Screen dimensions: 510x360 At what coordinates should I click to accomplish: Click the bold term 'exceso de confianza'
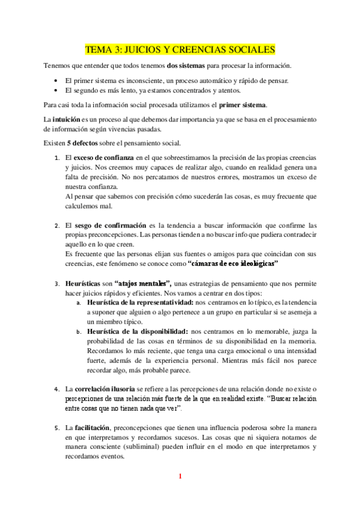103,158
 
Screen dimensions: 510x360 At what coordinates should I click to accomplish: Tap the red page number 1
180,477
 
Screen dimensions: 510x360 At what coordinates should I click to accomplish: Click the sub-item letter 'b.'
79,332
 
